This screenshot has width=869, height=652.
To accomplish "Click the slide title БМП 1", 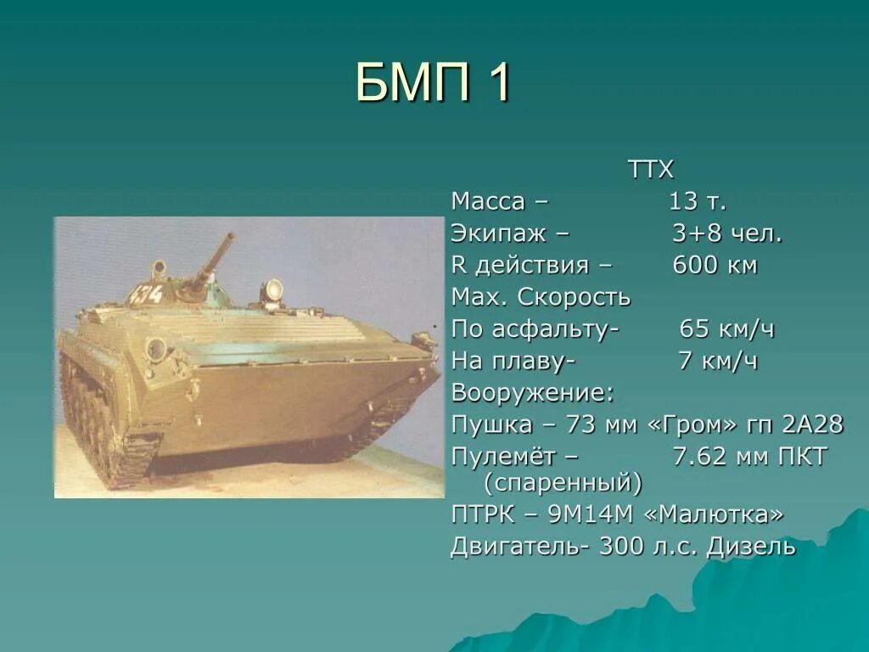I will point(433,81).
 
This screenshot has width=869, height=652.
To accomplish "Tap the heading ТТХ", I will point(651,170).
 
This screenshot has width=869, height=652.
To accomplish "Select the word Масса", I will point(488,202).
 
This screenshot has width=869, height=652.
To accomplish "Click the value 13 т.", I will point(698,202).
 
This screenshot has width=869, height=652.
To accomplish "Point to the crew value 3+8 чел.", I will point(727,233).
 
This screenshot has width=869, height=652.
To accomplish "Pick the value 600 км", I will point(715,266).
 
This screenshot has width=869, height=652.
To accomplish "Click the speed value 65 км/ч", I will point(727,329).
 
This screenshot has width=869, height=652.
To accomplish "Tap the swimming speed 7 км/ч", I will point(718,362).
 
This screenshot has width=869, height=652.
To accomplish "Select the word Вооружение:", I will point(533,393).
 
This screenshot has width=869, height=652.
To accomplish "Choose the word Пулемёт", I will point(504,457).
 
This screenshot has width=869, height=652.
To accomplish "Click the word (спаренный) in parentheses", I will point(563,484).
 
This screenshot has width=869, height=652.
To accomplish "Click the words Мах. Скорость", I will point(541,298).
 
